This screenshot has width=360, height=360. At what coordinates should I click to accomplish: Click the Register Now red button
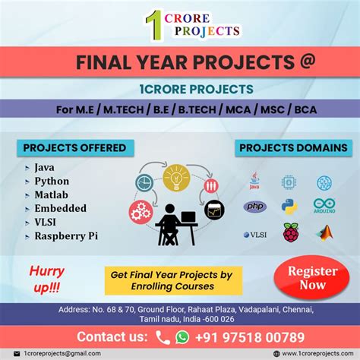312,278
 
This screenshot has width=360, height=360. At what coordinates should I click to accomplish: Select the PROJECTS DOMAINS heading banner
292,147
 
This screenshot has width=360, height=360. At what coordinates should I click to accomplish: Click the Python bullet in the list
52,181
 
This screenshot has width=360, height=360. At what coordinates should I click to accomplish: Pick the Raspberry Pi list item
65,235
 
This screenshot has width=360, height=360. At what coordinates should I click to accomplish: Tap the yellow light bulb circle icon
176,177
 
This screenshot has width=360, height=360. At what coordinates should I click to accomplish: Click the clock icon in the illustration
144,183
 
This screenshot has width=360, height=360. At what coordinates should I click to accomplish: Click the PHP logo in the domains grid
254,207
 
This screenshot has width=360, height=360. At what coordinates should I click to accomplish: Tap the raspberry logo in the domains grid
290,232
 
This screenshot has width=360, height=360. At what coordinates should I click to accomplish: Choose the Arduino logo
324,206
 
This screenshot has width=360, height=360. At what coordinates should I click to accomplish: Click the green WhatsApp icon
182,336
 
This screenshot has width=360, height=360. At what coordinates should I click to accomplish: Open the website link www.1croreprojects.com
315,353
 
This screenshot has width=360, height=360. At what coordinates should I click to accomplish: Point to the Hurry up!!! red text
47,277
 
